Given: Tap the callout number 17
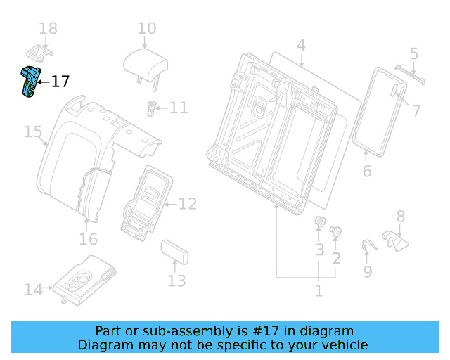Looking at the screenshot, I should (60, 82).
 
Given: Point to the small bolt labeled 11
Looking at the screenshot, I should (150, 108).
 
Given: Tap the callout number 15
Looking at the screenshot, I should (33, 132).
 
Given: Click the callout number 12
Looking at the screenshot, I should (187, 204).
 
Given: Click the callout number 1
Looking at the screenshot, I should (319, 290).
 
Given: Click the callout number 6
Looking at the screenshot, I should (366, 172).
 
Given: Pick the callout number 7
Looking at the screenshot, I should (416, 110).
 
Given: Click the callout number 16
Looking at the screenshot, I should (88, 240).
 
